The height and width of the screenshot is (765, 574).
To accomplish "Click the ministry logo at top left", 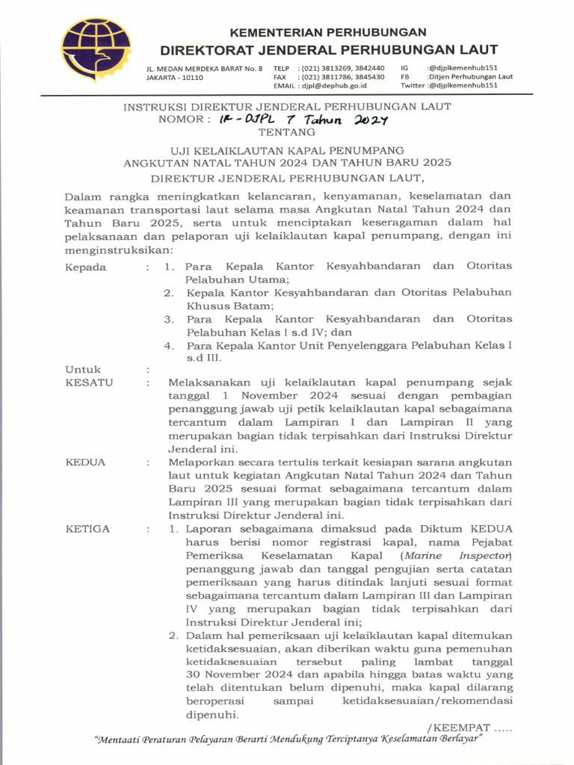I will point(96,50).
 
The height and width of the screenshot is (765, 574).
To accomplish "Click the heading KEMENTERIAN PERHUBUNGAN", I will point(328,32).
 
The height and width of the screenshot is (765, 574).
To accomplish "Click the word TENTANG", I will point(287,131).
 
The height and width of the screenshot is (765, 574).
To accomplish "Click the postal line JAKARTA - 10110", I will point(174,77).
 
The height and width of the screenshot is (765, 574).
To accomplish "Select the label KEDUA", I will point(86,462).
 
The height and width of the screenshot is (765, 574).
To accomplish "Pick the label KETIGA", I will point(87,529).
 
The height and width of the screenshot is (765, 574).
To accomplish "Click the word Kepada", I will point(86,267).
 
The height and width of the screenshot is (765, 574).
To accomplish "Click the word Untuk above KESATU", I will point(83,369).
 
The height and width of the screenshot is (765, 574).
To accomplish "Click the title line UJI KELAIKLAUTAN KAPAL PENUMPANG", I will point(287,150).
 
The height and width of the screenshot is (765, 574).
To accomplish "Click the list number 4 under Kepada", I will point(170,345).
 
